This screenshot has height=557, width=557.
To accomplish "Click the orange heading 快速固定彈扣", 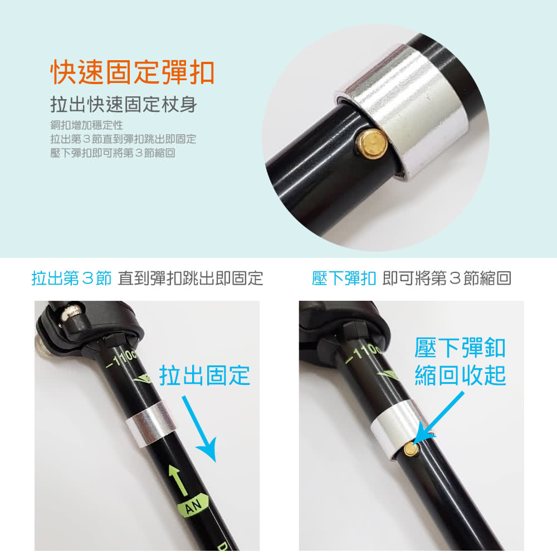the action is click(x=133, y=72).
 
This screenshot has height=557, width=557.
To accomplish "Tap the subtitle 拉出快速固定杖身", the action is click(x=124, y=105).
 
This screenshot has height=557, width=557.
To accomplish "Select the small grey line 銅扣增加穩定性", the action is click(x=87, y=125).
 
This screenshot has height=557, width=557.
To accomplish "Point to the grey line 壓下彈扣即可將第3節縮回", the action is click(x=113, y=153).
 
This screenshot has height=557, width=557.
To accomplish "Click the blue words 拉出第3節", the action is click(x=71, y=278).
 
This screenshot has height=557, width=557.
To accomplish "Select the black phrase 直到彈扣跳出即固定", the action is click(x=190, y=278).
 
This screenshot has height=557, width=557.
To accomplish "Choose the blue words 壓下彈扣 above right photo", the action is click(x=344, y=278).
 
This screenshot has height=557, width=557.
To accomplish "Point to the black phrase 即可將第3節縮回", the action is click(x=447, y=278).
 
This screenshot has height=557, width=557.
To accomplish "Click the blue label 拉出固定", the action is click(x=204, y=375).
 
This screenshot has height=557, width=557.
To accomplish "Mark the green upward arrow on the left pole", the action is click(x=178, y=480).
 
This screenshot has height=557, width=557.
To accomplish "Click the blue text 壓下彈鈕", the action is click(x=460, y=348).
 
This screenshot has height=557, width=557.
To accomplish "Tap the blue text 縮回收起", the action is click(x=460, y=375).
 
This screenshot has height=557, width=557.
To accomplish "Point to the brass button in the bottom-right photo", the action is click(x=412, y=449).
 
